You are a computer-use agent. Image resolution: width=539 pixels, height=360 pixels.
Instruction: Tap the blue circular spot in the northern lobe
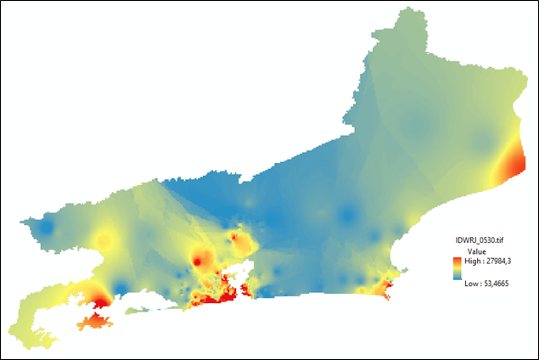[x=415, y=127]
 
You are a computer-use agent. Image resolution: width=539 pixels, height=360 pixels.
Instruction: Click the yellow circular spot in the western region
[x=104, y=242]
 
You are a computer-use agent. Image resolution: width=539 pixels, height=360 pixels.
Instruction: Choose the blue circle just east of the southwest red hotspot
[x=121, y=286]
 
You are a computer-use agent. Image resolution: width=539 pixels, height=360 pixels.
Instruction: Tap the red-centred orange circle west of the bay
[x=200, y=258]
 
